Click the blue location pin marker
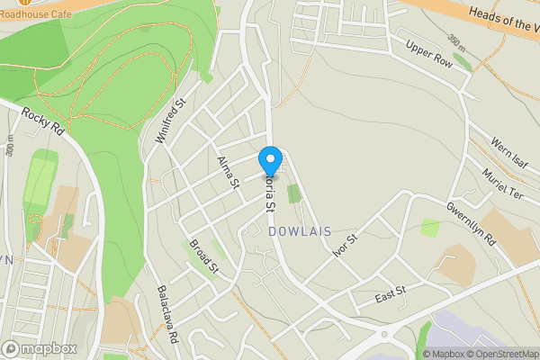point(269,161)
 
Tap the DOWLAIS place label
point(299,231)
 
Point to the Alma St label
point(228,172)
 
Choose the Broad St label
point(204,255)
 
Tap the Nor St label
point(345,245)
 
